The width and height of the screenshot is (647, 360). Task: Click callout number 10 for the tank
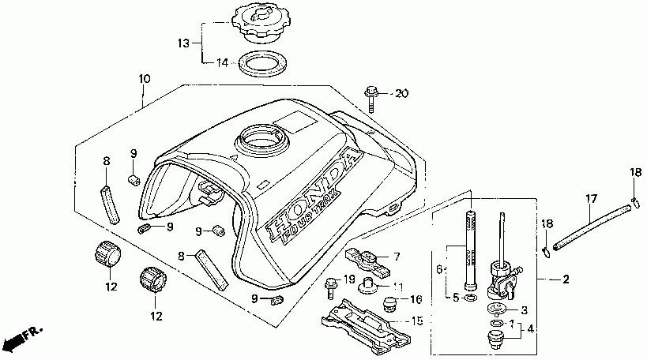143,79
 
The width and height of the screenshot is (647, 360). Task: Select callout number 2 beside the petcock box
566,279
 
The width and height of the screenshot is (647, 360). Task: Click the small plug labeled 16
388,303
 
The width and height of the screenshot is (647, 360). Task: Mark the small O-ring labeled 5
471,300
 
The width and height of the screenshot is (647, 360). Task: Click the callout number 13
183,43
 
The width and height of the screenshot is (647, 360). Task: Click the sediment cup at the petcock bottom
496,340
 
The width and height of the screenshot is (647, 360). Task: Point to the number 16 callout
416,300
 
